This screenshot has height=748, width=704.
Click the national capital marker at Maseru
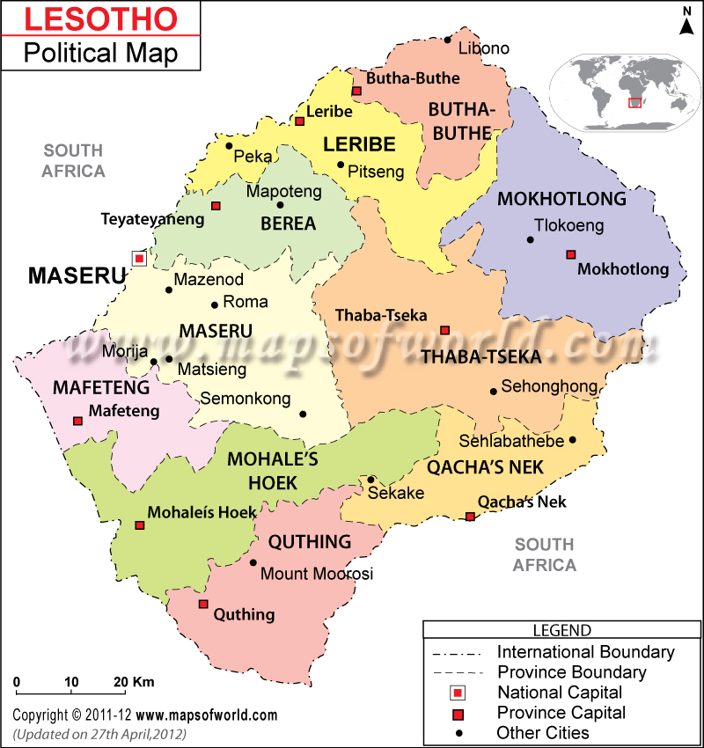coord(138,258)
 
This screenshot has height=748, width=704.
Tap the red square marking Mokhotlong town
coord(570,254)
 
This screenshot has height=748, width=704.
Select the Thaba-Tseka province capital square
coord(444,330)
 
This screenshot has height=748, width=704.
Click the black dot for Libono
coord(448,40)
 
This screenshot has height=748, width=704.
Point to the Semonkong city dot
coord(303,414)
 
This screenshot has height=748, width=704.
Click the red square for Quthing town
coord(203,604)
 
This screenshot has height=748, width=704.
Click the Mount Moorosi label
coord(317,574)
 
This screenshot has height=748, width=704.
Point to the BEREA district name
coord(288,224)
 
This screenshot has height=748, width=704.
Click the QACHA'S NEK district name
coord(485,466)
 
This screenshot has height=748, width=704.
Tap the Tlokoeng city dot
coord(531,239)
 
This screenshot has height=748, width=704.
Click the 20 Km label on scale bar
coord(135,682)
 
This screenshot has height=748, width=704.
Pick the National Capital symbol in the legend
coord(456,693)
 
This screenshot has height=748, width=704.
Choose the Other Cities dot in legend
coord(456,732)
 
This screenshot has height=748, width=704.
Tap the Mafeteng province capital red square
coord(77,421)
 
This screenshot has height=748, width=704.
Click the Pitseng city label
coord(376,172)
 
